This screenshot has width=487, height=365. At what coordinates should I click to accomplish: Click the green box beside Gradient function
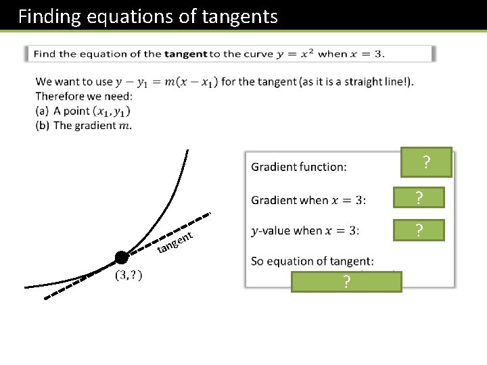pyautogui.click(x=425, y=162)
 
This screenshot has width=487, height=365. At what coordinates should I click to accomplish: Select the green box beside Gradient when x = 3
pyautogui.click(x=419, y=197)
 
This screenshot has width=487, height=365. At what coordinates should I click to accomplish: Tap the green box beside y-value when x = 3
pyautogui.click(x=419, y=230)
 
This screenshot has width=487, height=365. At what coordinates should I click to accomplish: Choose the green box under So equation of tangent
pyautogui.click(x=346, y=282)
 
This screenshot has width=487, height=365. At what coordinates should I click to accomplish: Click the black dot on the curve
pyautogui.click(x=122, y=257)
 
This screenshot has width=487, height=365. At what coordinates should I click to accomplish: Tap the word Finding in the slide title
pyautogui.click(x=46, y=16)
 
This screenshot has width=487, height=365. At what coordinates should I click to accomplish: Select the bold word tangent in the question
pyautogui.click(x=185, y=54)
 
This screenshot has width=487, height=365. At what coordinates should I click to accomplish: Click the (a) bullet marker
pyautogui.click(x=43, y=111)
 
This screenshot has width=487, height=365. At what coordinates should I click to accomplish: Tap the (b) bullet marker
pyautogui.click(x=43, y=125)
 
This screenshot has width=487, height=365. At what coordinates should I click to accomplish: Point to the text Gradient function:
pyautogui.click(x=298, y=167)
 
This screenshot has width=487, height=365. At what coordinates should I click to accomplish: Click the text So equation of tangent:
pyautogui.click(x=312, y=261)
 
